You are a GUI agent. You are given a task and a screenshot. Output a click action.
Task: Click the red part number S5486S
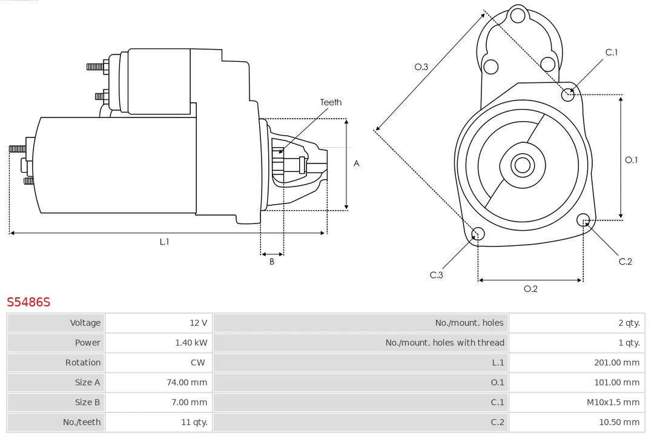(28, 302)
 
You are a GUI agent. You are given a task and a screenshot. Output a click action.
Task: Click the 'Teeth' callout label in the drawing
(331, 102)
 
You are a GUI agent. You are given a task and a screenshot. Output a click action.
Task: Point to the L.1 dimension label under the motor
(164, 242)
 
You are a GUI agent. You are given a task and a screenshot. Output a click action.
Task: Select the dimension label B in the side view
(272, 262)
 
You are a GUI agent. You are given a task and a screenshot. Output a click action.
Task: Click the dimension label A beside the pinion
(357, 163)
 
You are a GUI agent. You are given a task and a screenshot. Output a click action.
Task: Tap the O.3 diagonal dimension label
(421, 67)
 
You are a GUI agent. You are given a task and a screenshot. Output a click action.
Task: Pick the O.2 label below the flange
(530, 289)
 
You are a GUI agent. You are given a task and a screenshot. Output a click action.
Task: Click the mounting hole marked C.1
(568, 94)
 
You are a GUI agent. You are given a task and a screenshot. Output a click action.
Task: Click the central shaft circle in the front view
(521, 165)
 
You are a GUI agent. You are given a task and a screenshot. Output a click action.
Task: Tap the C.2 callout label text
(625, 262)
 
